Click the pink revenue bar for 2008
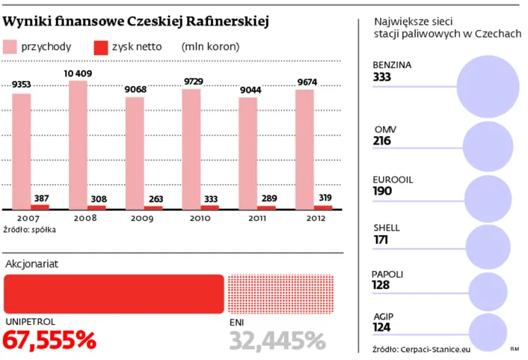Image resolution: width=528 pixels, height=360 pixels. pyautogui.click(x=78, y=142)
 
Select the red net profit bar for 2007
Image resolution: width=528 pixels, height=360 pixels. pyautogui.click(x=40, y=207)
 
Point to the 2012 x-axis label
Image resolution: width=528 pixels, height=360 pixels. pyautogui.click(x=314, y=218)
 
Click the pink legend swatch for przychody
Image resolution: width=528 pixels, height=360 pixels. pyautogui.click(x=16, y=46)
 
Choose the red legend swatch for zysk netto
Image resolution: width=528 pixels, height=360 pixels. pyautogui.click(x=99, y=46)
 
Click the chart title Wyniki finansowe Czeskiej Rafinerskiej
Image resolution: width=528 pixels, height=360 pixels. pyautogui.click(x=137, y=18)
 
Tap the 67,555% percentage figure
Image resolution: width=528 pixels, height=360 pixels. pyautogui.click(x=50, y=341)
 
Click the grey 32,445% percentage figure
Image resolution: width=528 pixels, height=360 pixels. pyautogui.click(x=277, y=341)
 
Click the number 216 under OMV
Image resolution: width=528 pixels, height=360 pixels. pyautogui.click(x=383, y=141)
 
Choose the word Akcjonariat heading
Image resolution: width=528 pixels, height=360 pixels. pyautogui.click(x=31, y=263)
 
